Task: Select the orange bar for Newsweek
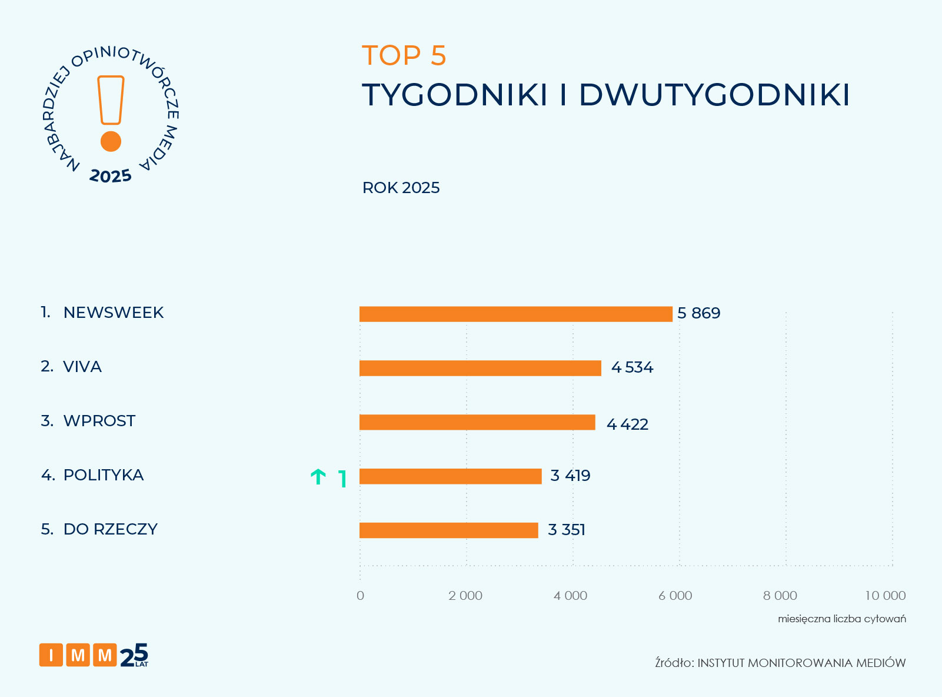pyautogui.click(x=515, y=314)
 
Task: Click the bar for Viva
pyautogui.click(x=480, y=368)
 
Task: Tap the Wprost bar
pyautogui.click(x=477, y=422)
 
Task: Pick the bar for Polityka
pyautogui.click(x=450, y=476)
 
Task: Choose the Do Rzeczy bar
pyautogui.click(x=448, y=530)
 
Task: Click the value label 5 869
pyautogui.click(x=698, y=313)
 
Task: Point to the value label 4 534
pyautogui.click(x=632, y=367)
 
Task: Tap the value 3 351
pyautogui.click(x=566, y=530)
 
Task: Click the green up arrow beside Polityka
pyautogui.click(x=318, y=477)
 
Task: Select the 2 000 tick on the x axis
pyautogui.click(x=465, y=596)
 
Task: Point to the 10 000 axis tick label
pyautogui.click(x=885, y=596)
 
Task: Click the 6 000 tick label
pyautogui.click(x=675, y=596)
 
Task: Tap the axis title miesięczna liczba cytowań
pyautogui.click(x=841, y=619)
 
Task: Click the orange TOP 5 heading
pyautogui.click(x=404, y=56)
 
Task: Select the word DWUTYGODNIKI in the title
pyautogui.click(x=714, y=95)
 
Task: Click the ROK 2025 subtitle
pyautogui.click(x=401, y=188)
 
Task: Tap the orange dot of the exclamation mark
pyautogui.click(x=111, y=141)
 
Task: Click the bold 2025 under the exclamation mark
pyautogui.click(x=111, y=176)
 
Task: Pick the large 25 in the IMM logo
pyautogui.click(x=134, y=655)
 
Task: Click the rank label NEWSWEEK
pyautogui.click(x=113, y=313)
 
